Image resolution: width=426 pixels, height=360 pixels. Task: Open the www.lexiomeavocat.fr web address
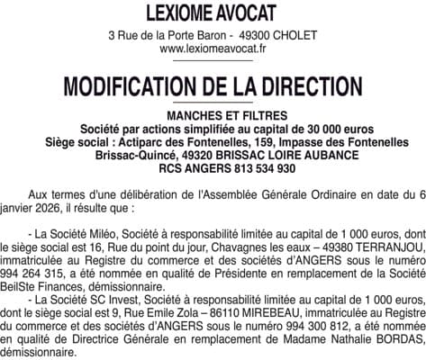click(x=213, y=49)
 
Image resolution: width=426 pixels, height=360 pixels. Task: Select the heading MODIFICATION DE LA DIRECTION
click(x=213, y=86)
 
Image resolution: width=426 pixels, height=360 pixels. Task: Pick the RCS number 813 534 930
click(x=240, y=167)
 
